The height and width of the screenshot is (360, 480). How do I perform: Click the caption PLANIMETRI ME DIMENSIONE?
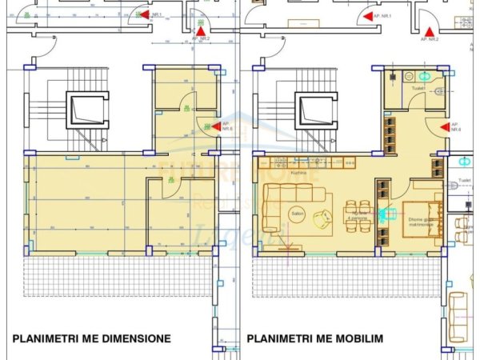[91, 338]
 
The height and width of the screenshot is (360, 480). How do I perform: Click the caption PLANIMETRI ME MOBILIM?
[314, 338]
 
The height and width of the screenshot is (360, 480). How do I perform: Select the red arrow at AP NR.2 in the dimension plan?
[198, 30]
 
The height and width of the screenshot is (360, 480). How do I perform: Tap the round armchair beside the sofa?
[323, 216]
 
